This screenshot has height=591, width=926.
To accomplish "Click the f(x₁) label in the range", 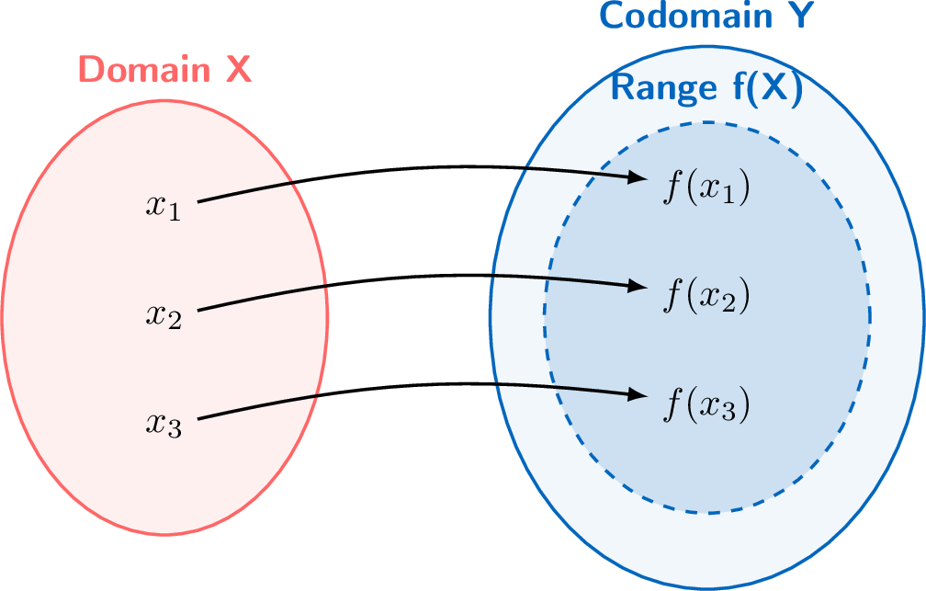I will (706, 188).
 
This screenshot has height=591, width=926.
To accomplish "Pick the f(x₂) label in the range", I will (706, 295).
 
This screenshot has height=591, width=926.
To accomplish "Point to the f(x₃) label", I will (706, 404).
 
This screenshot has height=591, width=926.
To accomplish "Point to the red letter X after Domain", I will (239, 70).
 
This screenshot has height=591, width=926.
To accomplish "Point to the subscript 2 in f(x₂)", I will (728, 302).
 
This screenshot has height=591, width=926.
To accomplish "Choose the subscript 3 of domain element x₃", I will (175, 431).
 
